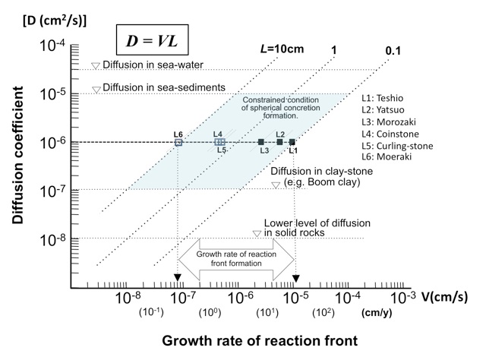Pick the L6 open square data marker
click(x=178, y=142)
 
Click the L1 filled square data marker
click(x=292, y=142)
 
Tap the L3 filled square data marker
click(x=261, y=142)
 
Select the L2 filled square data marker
click(x=279, y=142)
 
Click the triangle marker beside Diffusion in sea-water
click(x=96, y=66)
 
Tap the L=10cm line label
click(x=282, y=49)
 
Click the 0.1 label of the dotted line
click(x=393, y=49)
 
